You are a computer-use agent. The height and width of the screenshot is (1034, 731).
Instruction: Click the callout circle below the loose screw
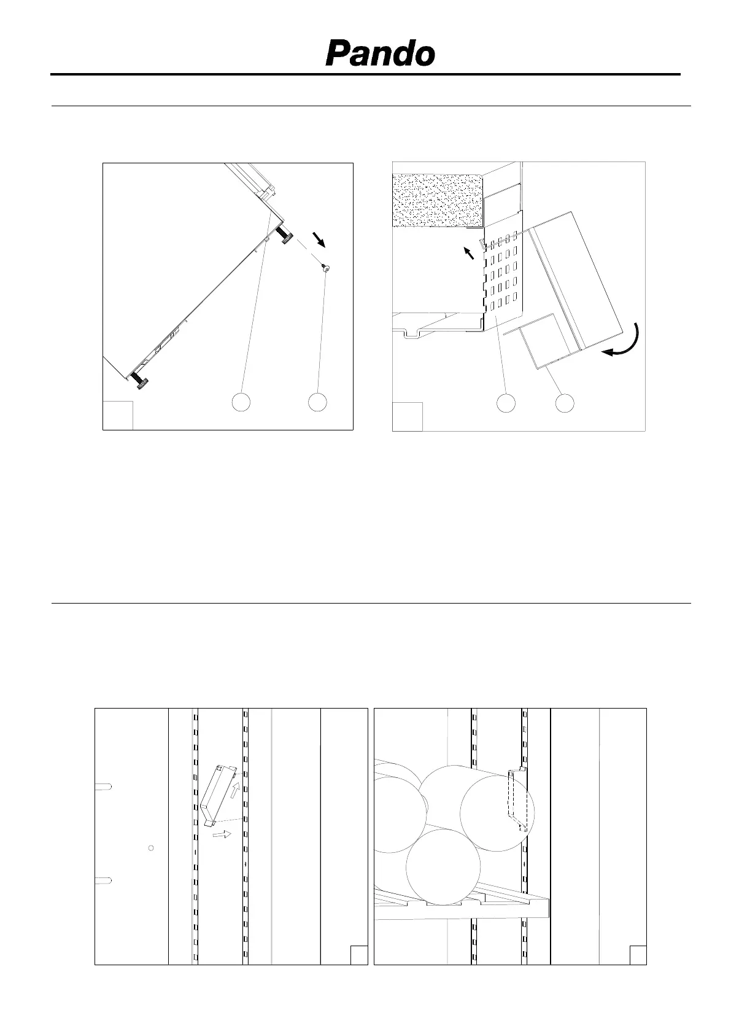click(317, 402)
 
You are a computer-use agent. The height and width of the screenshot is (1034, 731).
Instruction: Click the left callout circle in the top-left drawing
click(241, 402)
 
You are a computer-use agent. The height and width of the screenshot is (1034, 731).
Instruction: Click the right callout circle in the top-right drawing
click(565, 403)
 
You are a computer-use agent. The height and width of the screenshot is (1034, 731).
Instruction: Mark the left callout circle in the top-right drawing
click(506, 403)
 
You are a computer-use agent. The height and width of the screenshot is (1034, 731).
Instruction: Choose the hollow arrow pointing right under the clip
click(222, 834)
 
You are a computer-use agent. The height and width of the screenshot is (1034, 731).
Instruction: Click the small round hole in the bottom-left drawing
click(151, 848)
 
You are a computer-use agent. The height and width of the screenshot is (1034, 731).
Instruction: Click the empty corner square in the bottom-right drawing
click(638, 955)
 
